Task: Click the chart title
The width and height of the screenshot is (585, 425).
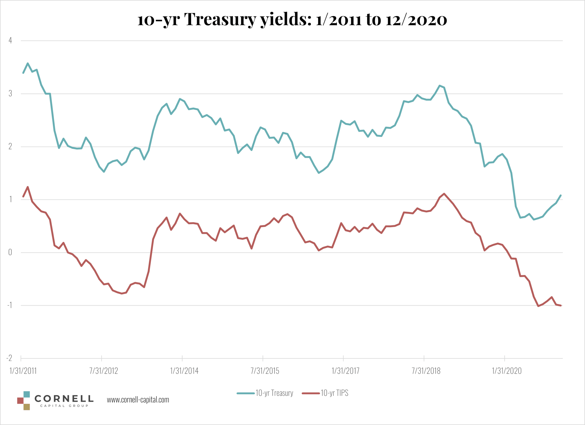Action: pyautogui.click(x=292, y=19)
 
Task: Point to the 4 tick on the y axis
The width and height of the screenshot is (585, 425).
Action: pyautogui.click(x=10, y=40)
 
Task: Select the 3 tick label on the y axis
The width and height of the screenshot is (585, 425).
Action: pyautogui.click(x=10, y=94)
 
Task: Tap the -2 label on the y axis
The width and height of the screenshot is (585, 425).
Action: pyautogui.click(x=9, y=358)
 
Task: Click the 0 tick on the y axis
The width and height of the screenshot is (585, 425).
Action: pyautogui.click(x=10, y=252)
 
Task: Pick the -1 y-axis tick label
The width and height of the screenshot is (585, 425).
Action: pyautogui.click(x=10, y=305)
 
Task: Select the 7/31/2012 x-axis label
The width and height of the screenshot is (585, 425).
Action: pyautogui.click(x=104, y=371)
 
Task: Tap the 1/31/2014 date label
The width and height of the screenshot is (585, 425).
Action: pyautogui.click(x=184, y=371)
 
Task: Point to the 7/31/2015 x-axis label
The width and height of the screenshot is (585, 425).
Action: pyautogui.click(x=265, y=371)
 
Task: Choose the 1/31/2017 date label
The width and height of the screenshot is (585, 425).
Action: pyautogui.click(x=345, y=371)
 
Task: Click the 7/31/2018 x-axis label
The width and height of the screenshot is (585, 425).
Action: pyautogui.click(x=426, y=371)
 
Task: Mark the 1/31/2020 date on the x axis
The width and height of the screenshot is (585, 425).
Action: pyautogui.click(x=507, y=371)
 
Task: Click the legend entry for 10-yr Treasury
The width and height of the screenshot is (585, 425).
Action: pyautogui.click(x=274, y=393)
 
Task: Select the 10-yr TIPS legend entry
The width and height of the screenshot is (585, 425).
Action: pyautogui.click(x=334, y=393)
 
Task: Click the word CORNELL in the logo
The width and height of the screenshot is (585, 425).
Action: pyautogui.click(x=64, y=399)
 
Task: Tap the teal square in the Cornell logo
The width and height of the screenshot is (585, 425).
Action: pyautogui.click(x=27, y=394)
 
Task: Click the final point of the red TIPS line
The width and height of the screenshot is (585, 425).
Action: pyautogui.click(x=561, y=305)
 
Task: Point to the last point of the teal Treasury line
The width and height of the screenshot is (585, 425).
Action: pyautogui.click(x=561, y=195)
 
